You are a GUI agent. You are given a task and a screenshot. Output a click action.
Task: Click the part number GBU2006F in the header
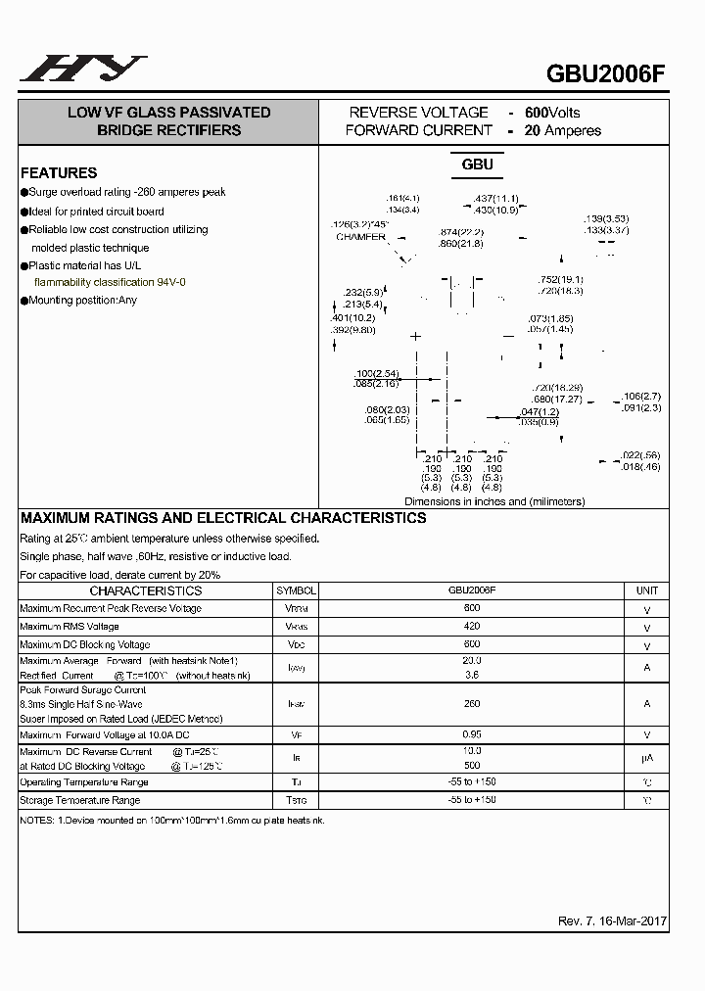coord(607,75)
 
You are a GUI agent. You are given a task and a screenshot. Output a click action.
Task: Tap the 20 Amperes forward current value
coord(562,130)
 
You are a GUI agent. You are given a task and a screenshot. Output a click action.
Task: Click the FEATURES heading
coord(59,172)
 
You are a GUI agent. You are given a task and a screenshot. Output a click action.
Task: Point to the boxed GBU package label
coord(477,165)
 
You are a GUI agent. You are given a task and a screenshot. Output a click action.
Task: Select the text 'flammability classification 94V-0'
coord(110,282)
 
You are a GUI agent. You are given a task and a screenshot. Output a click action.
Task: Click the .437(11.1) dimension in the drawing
coord(495,199)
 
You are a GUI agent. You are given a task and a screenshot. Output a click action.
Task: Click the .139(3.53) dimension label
coord(606,218)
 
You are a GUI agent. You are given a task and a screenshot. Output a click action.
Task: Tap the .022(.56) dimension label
coord(641,455)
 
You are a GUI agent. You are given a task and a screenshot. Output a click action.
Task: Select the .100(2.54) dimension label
coord(376,374)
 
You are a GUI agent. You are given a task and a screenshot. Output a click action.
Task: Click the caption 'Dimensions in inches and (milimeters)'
coord(494,501)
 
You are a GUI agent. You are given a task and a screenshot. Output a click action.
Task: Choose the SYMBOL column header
coord(297,591)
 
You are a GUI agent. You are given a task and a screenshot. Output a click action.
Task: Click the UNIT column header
coord(647,591)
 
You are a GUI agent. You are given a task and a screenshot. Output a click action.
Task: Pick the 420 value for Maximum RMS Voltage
coord(472,626)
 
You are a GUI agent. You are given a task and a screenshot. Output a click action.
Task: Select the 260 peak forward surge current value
coord(472,703)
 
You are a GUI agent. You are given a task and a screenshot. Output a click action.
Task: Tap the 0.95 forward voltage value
coord(472,734)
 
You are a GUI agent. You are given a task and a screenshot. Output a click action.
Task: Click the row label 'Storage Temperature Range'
coord(79,800)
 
